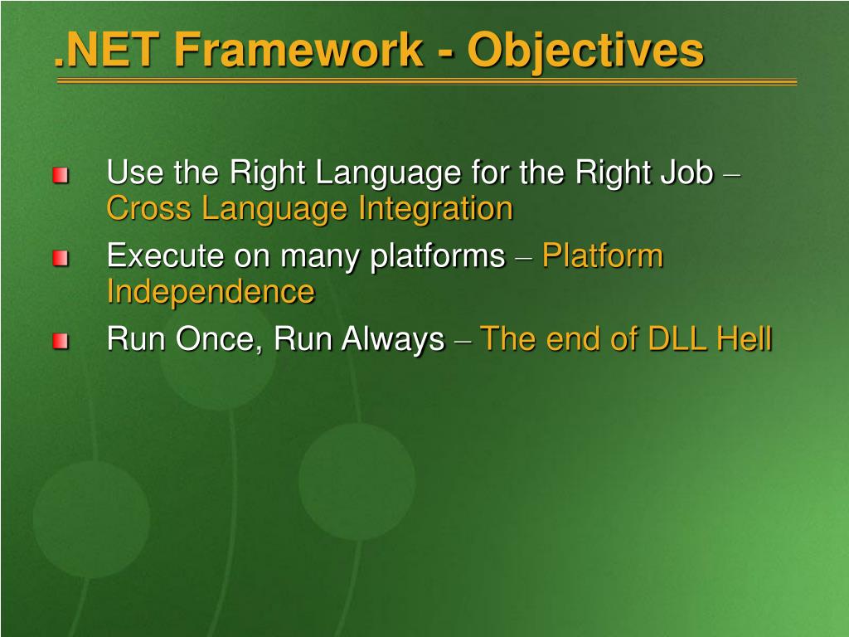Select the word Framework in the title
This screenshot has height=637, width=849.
pyautogui.click(x=298, y=50)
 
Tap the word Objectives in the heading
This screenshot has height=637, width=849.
pyautogui.click(x=586, y=53)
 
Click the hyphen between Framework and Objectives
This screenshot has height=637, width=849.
pyautogui.click(x=445, y=54)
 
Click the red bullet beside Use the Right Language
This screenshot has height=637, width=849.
pyautogui.click(x=61, y=176)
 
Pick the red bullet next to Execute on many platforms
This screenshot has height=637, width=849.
pyautogui.click(x=61, y=259)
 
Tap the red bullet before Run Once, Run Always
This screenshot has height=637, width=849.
pyautogui.click(x=61, y=342)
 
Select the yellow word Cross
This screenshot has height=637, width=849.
pyautogui.click(x=149, y=208)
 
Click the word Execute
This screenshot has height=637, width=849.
pyautogui.click(x=165, y=255)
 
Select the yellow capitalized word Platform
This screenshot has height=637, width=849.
pyautogui.click(x=603, y=255)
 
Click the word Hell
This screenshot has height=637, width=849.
pyautogui.click(x=745, y=339)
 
